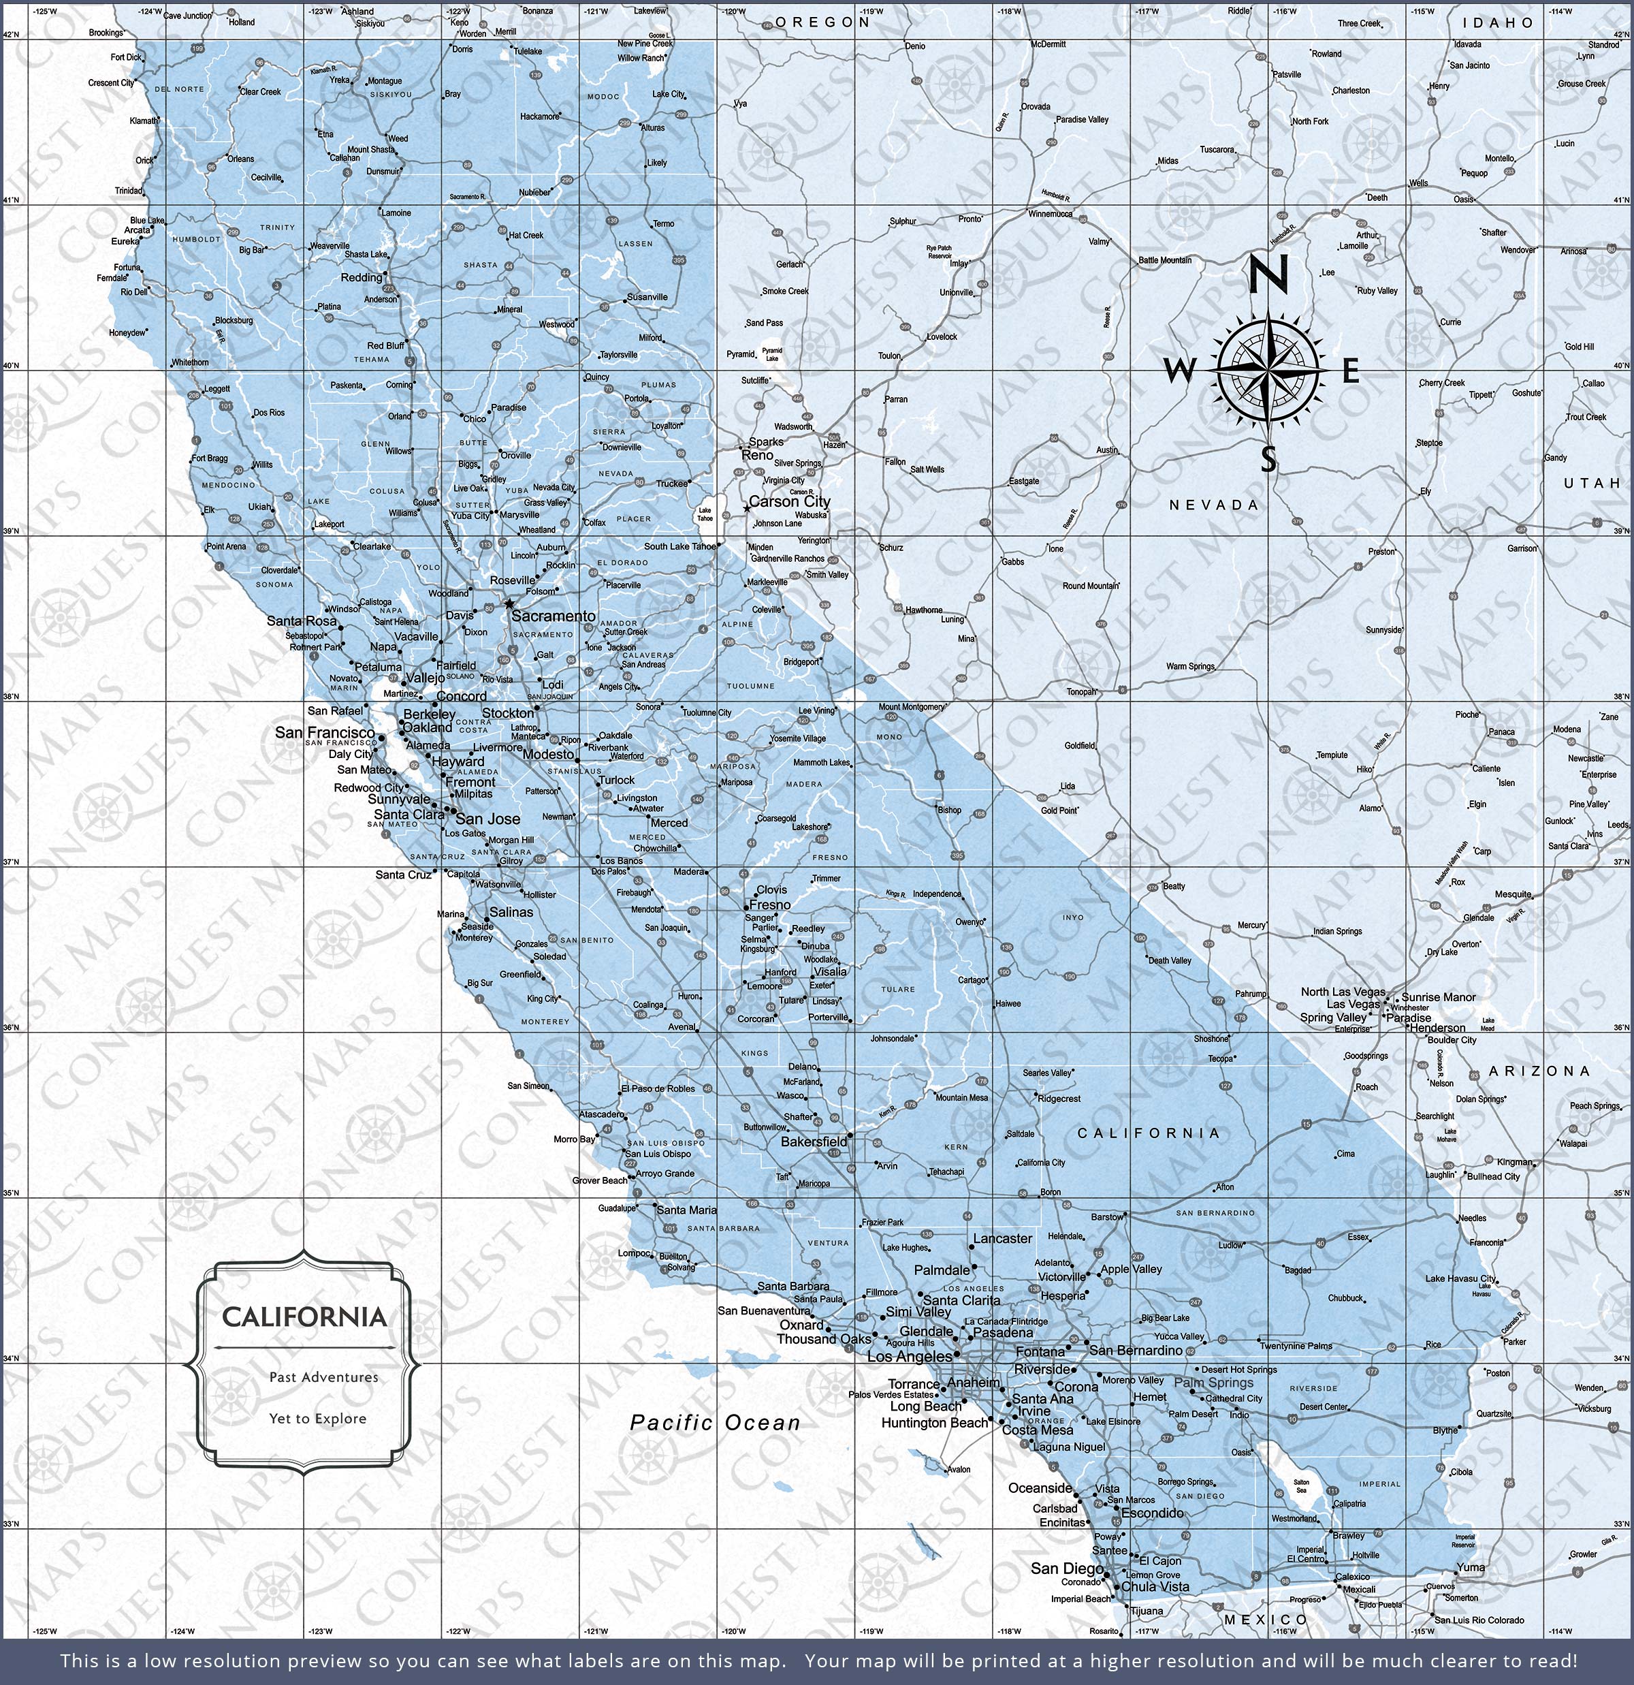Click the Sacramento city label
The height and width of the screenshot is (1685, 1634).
(553, 616)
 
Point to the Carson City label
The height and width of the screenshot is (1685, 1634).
(789, 501)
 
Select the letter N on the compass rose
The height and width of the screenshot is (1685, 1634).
(1268, 274)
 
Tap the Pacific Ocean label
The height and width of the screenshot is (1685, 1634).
(715, 1423)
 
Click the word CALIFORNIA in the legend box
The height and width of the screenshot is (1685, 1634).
(304, 1317)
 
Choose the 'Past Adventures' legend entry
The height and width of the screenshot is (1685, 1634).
(323, 1377)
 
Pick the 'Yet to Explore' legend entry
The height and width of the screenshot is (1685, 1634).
(317, 1419)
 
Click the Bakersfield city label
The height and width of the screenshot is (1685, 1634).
(813, 1141)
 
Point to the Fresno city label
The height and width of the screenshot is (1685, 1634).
(769, 905)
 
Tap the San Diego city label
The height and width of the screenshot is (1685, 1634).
(1067, 1568)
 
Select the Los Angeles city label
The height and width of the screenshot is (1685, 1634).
(910, 1357)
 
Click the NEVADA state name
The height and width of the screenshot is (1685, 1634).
(1214, 505)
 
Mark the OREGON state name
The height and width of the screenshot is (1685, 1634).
(822, 22)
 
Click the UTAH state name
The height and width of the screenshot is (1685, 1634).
(1591, 483)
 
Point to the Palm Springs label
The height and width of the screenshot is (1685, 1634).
(1214, 1383)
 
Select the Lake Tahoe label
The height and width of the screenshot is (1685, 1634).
(705, 514)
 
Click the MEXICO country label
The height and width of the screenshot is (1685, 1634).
(1265, 1620)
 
